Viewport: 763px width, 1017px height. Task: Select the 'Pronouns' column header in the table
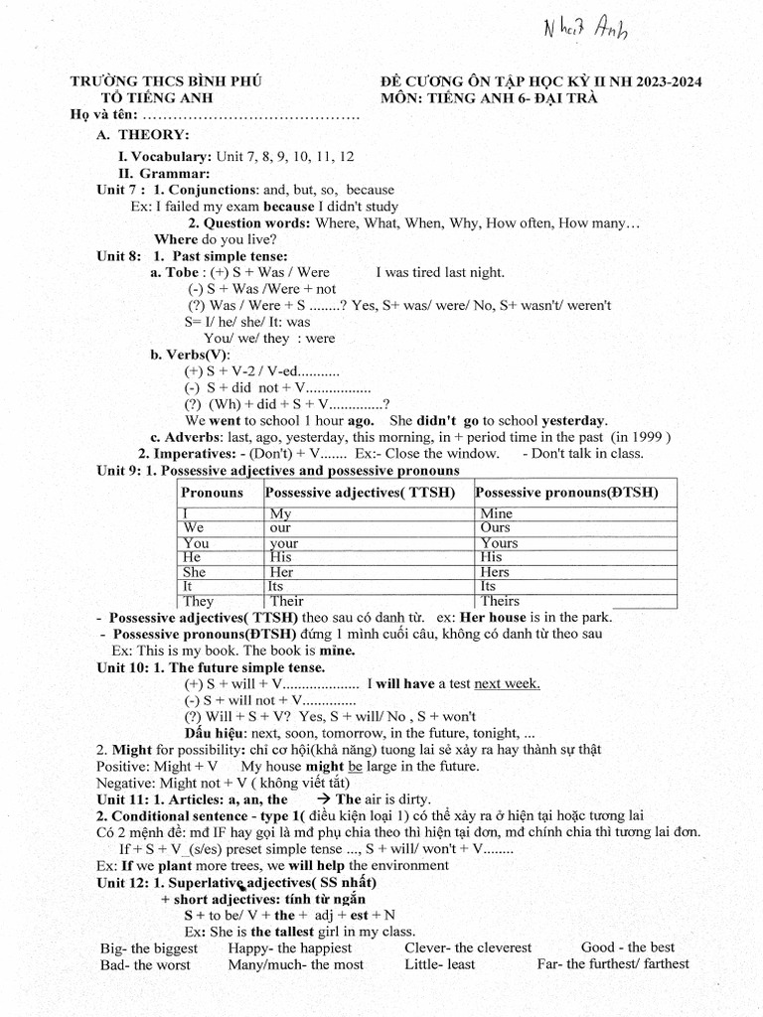(x=212, y=493)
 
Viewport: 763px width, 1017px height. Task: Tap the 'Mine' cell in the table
(x=496, y=513)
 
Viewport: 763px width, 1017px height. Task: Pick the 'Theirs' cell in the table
(x=500, y=601)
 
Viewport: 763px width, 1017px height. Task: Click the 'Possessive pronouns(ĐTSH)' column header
(x=567, y=493)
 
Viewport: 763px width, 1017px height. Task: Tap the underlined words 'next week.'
(x=507, y=682)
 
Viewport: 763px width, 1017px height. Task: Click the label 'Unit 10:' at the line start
(x=122, y=666)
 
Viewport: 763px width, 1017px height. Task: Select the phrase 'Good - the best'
(x=628, y=947)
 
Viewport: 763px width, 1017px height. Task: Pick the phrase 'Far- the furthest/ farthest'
(x=613, y=963)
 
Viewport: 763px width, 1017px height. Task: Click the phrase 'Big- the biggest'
(x=149, y=947)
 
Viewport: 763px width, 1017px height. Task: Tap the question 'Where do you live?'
(x=216, y=239)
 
